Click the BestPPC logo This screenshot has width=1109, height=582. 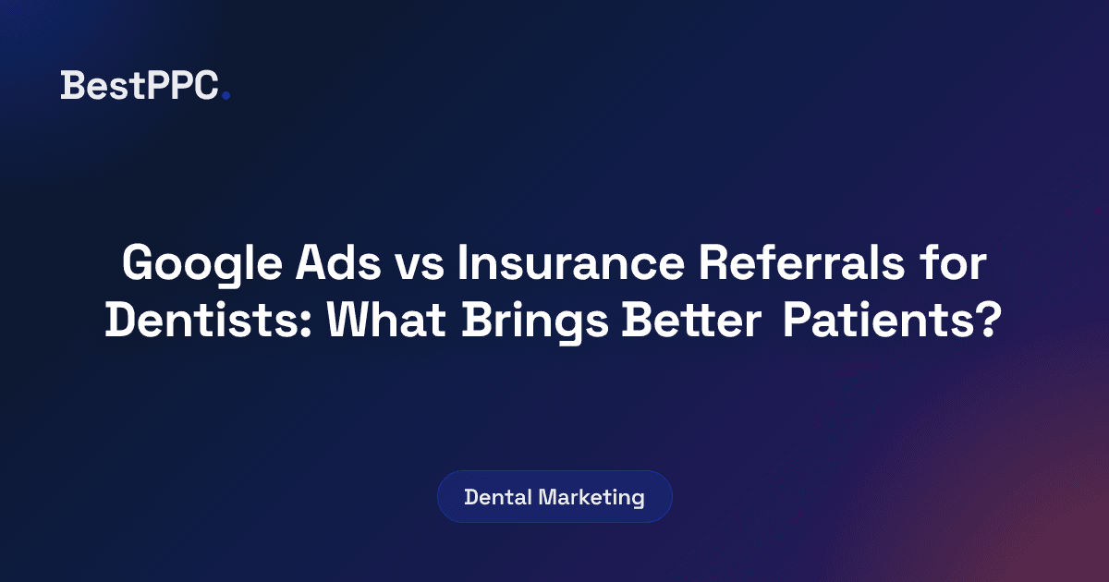click(144, 86)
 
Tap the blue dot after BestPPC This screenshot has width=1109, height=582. click(226, 94)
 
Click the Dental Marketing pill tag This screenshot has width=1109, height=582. click(554, 497)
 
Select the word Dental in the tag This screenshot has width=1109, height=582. click(498, 497)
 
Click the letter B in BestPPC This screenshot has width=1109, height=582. click(72, 86)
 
